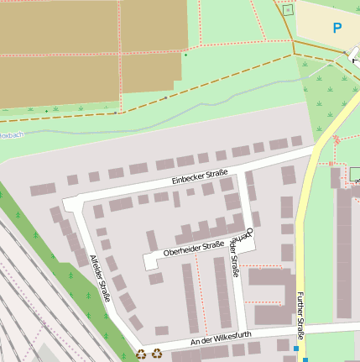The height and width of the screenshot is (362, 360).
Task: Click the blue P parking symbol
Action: [337, 28]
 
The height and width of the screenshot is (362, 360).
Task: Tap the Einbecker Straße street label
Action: [200, 177]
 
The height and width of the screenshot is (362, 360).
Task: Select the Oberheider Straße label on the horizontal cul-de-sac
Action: [194, 248]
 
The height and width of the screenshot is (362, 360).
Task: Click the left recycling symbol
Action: [141, 354]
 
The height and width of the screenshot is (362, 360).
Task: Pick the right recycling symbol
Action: [157, 354]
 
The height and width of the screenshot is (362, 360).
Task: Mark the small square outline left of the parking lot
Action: [289, 10]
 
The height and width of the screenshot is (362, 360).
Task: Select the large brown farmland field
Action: [84, 50]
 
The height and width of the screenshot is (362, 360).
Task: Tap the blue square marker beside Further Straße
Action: [295, 348]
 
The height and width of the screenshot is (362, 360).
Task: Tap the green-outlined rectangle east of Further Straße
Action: [354, 174]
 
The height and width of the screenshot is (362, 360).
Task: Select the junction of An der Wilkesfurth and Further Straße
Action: [300, 328]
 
